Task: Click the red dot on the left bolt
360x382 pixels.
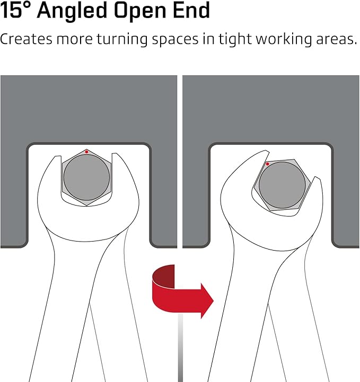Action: [x=86, y=152]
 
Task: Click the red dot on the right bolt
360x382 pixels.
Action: [x=267, y=164]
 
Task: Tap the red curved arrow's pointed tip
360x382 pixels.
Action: [x=213, y=301]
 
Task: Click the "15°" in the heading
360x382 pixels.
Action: [x=16, y=10]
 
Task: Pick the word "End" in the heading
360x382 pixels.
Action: [x=191, y=10]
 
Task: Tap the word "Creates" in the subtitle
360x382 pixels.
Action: [x=27, y=39]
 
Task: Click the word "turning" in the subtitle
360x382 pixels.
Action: [x=122, y=39]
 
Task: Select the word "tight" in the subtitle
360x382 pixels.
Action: [x=235, y=39]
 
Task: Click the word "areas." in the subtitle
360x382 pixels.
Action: [x=336, y=39]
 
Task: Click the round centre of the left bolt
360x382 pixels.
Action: [x=86, y=177]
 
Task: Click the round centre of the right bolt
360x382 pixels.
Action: [x=282, y=185]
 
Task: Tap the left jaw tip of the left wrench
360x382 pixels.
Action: [x=58, y=156]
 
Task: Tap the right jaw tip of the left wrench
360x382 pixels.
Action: [x=115, y=153]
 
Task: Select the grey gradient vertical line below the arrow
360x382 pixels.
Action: [x=180, y=348]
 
